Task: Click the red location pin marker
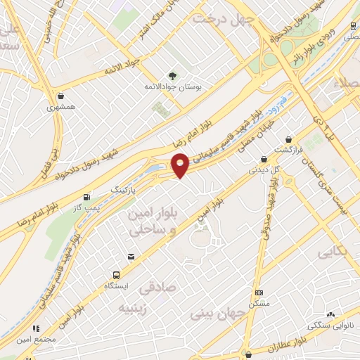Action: click(181, 165)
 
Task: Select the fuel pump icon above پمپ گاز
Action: click(87, 197)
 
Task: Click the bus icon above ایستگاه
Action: click(115, 276)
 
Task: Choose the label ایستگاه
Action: click(116, 287)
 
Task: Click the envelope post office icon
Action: click(131, 257)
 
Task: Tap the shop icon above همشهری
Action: click(61, 96)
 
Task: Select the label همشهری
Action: click(60, 108)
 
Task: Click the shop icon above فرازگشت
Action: click(288, 139)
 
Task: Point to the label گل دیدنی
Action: click(264, 169)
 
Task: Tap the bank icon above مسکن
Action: click(259, 292)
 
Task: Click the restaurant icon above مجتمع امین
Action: click(35, 328)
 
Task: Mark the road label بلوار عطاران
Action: click(288, 345)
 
